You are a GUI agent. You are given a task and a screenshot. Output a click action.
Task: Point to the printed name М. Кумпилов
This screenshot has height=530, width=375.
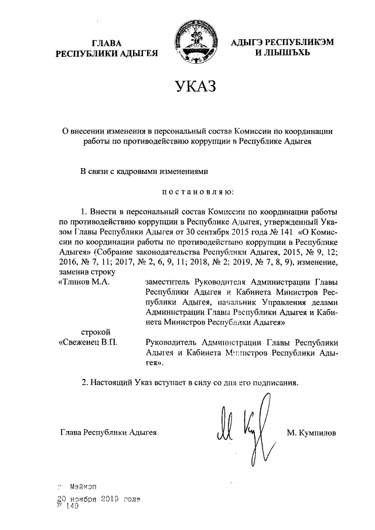point(312,433)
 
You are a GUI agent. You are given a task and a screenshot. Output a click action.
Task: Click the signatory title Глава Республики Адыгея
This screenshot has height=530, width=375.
point(108,433)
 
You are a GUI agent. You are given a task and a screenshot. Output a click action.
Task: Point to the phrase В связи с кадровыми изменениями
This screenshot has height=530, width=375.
point(144,172)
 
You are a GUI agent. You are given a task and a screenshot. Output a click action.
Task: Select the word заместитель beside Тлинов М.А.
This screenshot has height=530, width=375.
point(169,282)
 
